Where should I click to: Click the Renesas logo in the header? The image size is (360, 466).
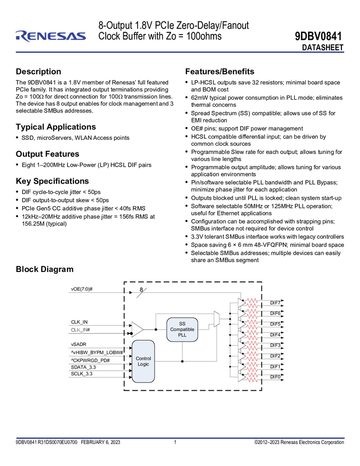tap(50, 36)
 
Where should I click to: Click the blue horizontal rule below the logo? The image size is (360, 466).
tap(180, 53)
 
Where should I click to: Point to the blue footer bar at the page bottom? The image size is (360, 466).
tap(180, 438)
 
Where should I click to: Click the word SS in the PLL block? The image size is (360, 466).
tap(182, 324)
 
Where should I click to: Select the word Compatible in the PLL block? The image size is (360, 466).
tap(182, 329)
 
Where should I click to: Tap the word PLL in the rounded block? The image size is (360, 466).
tap(182, 335)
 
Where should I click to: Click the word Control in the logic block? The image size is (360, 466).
tap(143, 359)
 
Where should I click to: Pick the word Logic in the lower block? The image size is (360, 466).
tap(143, 364)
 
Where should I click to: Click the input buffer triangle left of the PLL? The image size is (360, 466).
tap(136, 329)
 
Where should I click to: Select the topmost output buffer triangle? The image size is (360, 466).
tap(241, 303)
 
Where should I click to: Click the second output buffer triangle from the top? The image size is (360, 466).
tap(241, 314)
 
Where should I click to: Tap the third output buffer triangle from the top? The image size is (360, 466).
tap(241, 324)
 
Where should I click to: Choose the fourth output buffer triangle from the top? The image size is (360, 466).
tap(241, 335)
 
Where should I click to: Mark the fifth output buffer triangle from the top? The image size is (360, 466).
tap(241, 345)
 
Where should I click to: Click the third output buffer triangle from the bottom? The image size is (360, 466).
tap(241, 356)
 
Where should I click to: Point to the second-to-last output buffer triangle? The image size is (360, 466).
tap(241, 367)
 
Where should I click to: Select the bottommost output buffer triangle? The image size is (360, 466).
tap(241, 378)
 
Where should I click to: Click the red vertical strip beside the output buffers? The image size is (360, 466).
tap(252, 340)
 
